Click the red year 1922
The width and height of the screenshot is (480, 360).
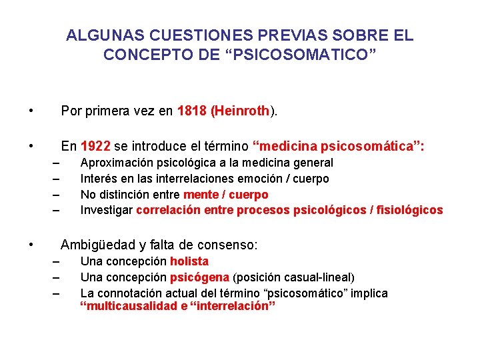click(x=95, y=146)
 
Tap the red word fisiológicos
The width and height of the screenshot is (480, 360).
click(x=410, y=211)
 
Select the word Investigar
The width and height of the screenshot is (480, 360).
click(x=107, y=211)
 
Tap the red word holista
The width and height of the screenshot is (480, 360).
click(x=189, y=261)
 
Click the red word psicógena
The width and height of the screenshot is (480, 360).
click(x=200, y=277)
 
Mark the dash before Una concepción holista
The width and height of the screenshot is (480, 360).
click(x=57, y=261)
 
